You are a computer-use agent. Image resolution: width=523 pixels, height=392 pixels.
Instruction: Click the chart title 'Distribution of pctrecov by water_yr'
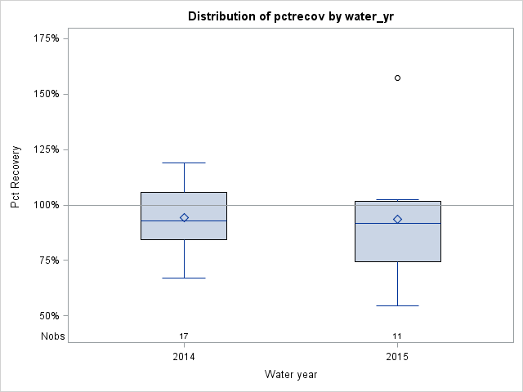(x=290, y=16)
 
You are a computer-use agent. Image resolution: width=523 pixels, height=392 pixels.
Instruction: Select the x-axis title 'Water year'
(x=290, y=374)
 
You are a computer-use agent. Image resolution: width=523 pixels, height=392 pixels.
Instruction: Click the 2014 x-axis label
(x=184, y=357)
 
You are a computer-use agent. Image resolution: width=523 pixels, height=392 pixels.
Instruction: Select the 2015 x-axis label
(x=397, y=357)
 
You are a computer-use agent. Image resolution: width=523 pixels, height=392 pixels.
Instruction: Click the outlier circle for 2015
(x=397, y=78)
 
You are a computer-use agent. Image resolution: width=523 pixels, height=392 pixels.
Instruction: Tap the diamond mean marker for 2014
(x=184, y=217)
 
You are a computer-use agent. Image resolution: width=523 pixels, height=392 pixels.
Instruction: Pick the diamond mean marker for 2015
(x=397, y=219)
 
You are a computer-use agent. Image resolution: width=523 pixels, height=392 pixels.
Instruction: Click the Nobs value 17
(x=184, y=336)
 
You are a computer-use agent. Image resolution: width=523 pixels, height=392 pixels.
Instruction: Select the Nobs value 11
(x=397, y=336)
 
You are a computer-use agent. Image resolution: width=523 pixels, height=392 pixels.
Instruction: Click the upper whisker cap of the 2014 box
(x=184, y=163)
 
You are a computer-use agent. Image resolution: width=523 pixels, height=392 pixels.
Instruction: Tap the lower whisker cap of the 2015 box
(x=397, y=305)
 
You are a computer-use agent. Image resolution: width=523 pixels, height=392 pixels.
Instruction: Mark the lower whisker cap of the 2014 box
(x=184, y=278)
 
